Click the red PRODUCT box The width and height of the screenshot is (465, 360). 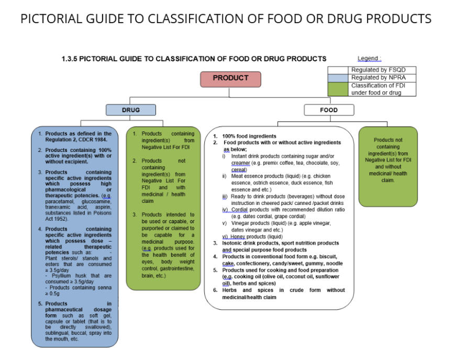[x=230, y=79]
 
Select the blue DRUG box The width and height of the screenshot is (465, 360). [x=131, y=110]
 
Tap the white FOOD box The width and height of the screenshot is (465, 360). [x=329, y=110]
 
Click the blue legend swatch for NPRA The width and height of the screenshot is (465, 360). [x=338, y=78]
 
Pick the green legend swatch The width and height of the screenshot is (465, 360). [x=338, y=89]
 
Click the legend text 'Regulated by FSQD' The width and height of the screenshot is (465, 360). [x=378, y=70]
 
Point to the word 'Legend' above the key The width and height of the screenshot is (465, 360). [x=368, y=59]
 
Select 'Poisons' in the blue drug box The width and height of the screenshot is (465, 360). [x=102, y=213]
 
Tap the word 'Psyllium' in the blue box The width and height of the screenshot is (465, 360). [x=61, y=276]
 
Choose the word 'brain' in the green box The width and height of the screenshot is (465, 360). [x=147, y=276]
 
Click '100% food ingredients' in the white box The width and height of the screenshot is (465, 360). [x=249, y=136]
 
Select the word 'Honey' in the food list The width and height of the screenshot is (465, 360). [x=238, y=236]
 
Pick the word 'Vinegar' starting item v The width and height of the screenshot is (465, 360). [x=240, y=223]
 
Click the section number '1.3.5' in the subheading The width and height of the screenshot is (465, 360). [x=70, y=59]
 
